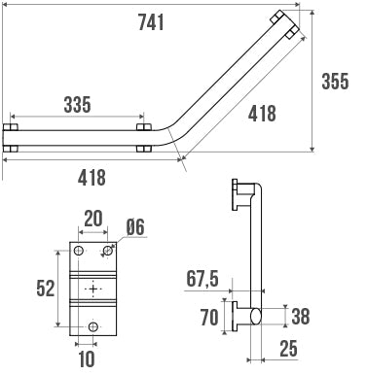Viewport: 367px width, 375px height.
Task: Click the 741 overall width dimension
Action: coord(151,22)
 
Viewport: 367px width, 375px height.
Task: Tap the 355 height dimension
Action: coord(335,81)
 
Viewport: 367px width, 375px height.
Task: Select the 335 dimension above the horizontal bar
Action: coord(77,105)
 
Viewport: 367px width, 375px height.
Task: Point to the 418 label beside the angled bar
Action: coord(262,114)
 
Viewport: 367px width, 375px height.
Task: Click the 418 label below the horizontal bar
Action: coord(92,178)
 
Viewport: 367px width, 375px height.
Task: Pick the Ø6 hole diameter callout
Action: coord(135,227)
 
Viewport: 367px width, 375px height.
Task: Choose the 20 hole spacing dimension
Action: coord(93,219)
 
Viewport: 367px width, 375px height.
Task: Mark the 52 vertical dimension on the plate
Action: coord(46,289)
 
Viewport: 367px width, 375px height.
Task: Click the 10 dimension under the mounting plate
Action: coord(87,358)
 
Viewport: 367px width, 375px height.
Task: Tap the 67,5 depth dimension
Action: coord(202,279)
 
